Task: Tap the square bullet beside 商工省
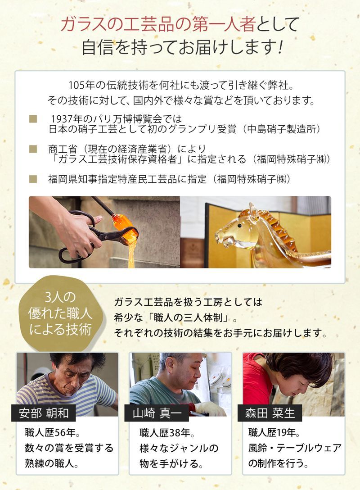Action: (33, 148)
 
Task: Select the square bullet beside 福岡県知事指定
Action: (33, 179)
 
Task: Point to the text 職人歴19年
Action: (274, 434)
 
